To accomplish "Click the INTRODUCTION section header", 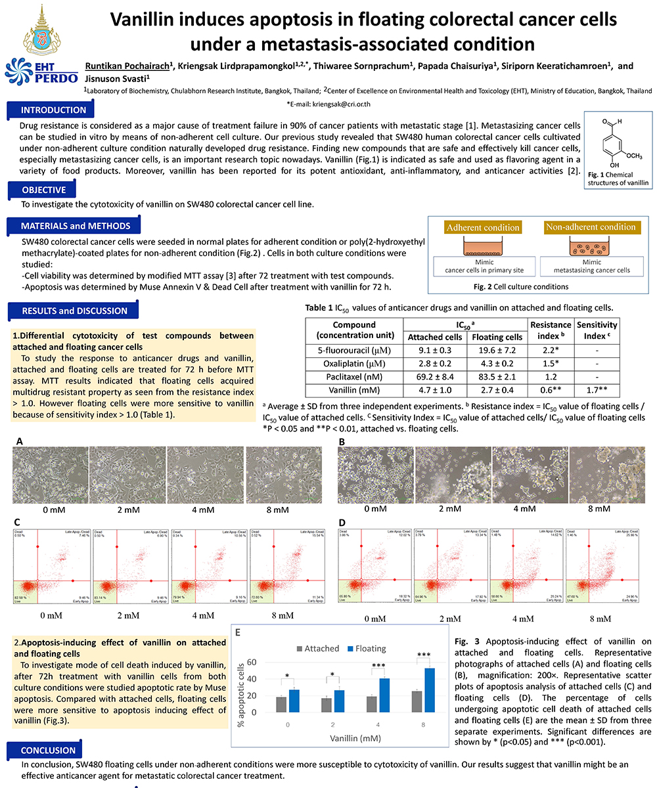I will tap(53, 110).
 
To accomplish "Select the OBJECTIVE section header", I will tap(43, 190).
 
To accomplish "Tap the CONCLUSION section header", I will tap(49, 751).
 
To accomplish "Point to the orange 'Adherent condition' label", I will tap(483, 227).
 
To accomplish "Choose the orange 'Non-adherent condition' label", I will tap(591, 227).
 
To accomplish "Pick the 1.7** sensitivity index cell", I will tap(597, 389).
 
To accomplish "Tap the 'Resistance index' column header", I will tap(550, 330).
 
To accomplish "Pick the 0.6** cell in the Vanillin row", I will tap(550, 389).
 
